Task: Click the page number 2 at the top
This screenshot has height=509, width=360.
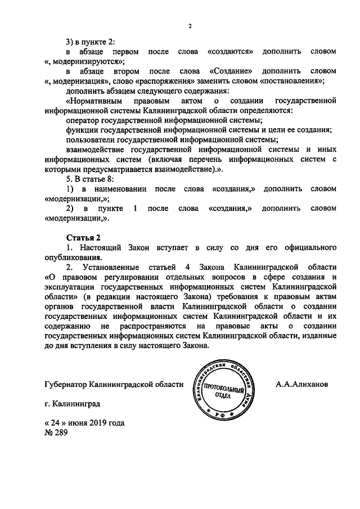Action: click(x=190, y=26)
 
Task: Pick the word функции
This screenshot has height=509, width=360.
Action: click(x=82, y=130)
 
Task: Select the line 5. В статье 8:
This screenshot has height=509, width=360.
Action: click(x=89, y=179)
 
